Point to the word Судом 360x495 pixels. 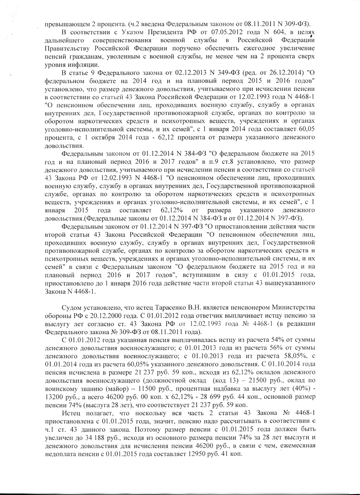click(x=72, y=308)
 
